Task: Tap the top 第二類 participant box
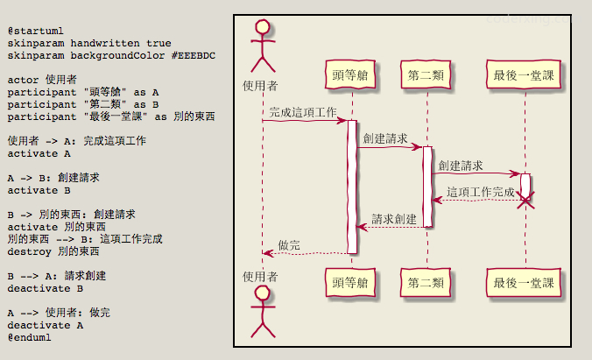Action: (426, 76)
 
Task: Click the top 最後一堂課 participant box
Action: (524, 76)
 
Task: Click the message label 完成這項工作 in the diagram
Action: (302, 112)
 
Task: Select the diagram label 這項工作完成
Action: (481, 192)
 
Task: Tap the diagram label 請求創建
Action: (394, 218)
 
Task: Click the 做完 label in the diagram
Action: (289, 244)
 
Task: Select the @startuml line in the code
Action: (34, 31)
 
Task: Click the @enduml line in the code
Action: (31, 336)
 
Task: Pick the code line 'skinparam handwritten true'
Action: (89, 43)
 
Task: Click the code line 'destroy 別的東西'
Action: (53, 251)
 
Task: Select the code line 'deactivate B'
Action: (46, 287)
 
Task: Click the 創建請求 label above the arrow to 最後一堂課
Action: (461, 165)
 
